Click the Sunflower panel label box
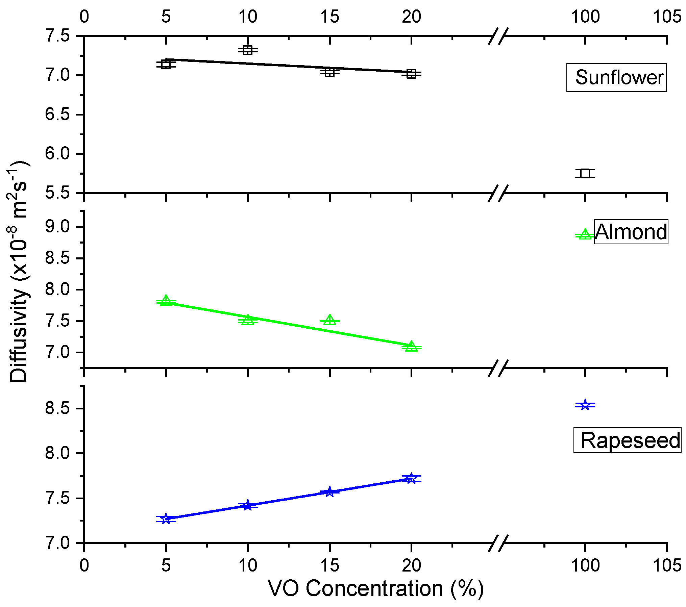(616, 77)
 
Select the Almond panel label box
(631, 232)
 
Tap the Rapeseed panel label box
(627, 440)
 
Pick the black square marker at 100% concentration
(585, 173)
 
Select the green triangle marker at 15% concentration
(330, 320)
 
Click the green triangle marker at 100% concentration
(585, 235)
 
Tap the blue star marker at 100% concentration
(585, 405)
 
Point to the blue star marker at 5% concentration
(166, 519)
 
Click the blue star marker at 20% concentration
(411, 478)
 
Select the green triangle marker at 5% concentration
(166, 300)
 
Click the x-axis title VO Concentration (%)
(376, 589)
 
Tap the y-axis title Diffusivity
(19, 272)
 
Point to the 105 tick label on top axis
(667, 16)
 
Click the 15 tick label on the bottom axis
(330, 565)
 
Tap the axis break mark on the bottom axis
(498, 543)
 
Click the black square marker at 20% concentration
(411, 74)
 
